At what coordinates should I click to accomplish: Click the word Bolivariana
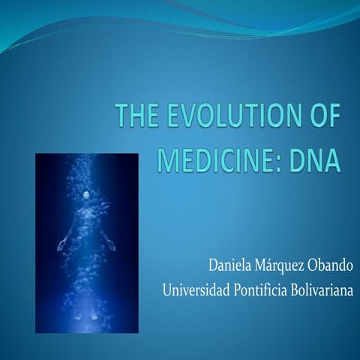[327, 289]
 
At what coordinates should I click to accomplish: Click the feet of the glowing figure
[90, 319]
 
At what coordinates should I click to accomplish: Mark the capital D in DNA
[300, 160]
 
